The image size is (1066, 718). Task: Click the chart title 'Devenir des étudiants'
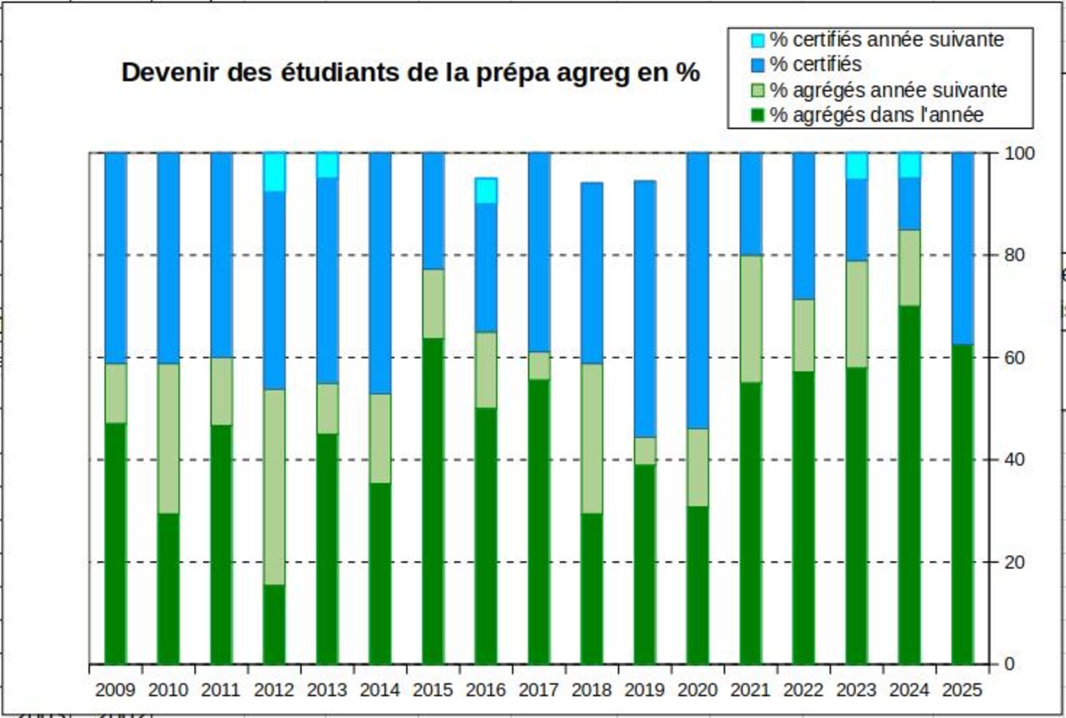pyautogui.click(x=410, y=72)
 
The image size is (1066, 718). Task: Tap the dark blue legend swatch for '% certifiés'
pyautogui.click(x=757, y=64)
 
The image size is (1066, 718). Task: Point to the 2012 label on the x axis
pyautogui.click(x=274, y=689)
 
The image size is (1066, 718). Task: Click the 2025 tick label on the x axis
pyautogui.click(x=963, y=689)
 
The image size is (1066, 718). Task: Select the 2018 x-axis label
pyautogui.click(x=592, y=689)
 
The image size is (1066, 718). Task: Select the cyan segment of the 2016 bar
pyautogui.click(x=486, y=190)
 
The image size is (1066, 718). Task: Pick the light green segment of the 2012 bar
pyautogui.click(x=274, y=486)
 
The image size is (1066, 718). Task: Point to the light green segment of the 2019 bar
pyautogui.click(x=645, y=451)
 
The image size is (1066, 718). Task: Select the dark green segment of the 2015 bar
pyautogui.click(x=433, y=501)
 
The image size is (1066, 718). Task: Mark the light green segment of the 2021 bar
pyautogui.click(x=751, y=318)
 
